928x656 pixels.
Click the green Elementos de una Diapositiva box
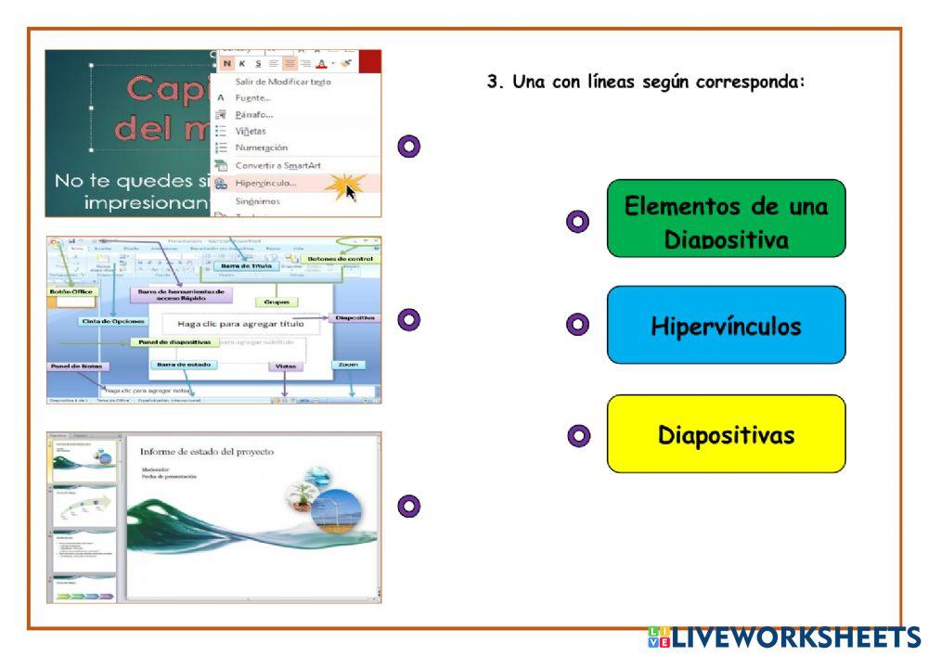726,218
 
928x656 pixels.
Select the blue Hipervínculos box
726,325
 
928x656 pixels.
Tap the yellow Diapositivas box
726,434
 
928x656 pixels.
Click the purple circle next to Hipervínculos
577,324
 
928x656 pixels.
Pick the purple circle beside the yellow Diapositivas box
577,434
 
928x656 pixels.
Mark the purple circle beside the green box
577,221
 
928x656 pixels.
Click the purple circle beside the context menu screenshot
408,146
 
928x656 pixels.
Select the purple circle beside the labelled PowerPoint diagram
408,319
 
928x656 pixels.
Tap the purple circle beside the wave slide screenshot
408,506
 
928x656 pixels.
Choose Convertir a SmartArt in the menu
277,165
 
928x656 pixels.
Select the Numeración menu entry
261,148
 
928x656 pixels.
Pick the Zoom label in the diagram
348,365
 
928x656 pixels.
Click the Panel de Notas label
74,367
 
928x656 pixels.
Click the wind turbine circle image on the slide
336,513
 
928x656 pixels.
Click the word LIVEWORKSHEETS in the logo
795,637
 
